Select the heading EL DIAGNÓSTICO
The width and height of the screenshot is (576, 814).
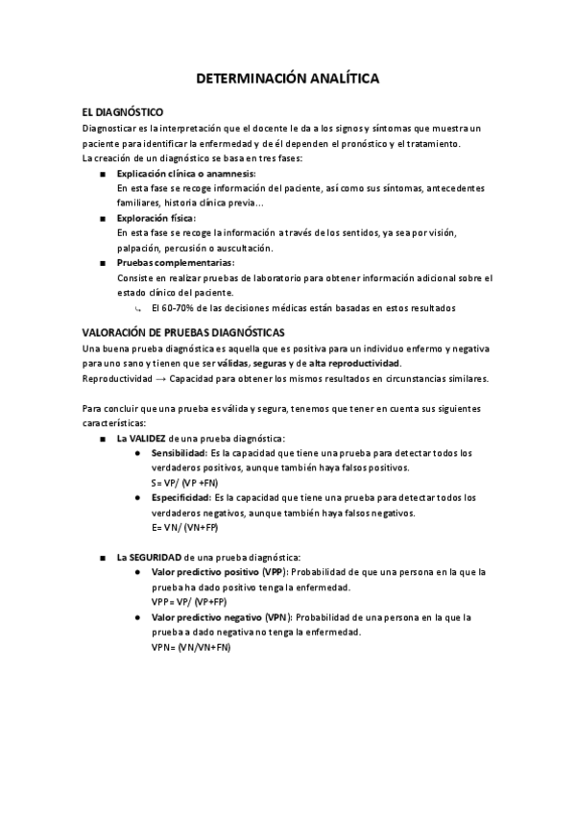pos(122,112)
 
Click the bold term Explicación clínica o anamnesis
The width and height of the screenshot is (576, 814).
pos(185,173)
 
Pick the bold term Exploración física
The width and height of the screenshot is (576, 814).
pos(155,218)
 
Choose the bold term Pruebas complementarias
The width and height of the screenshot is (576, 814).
pos(175,263)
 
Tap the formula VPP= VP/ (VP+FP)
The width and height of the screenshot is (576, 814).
pos(189,602)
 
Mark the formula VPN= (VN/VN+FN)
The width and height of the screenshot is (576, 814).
pos(191,647)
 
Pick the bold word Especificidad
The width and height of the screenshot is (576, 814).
pos(180,497)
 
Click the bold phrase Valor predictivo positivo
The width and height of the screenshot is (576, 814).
pos(205,572)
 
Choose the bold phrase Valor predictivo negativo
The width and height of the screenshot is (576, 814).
pos(207,617)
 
